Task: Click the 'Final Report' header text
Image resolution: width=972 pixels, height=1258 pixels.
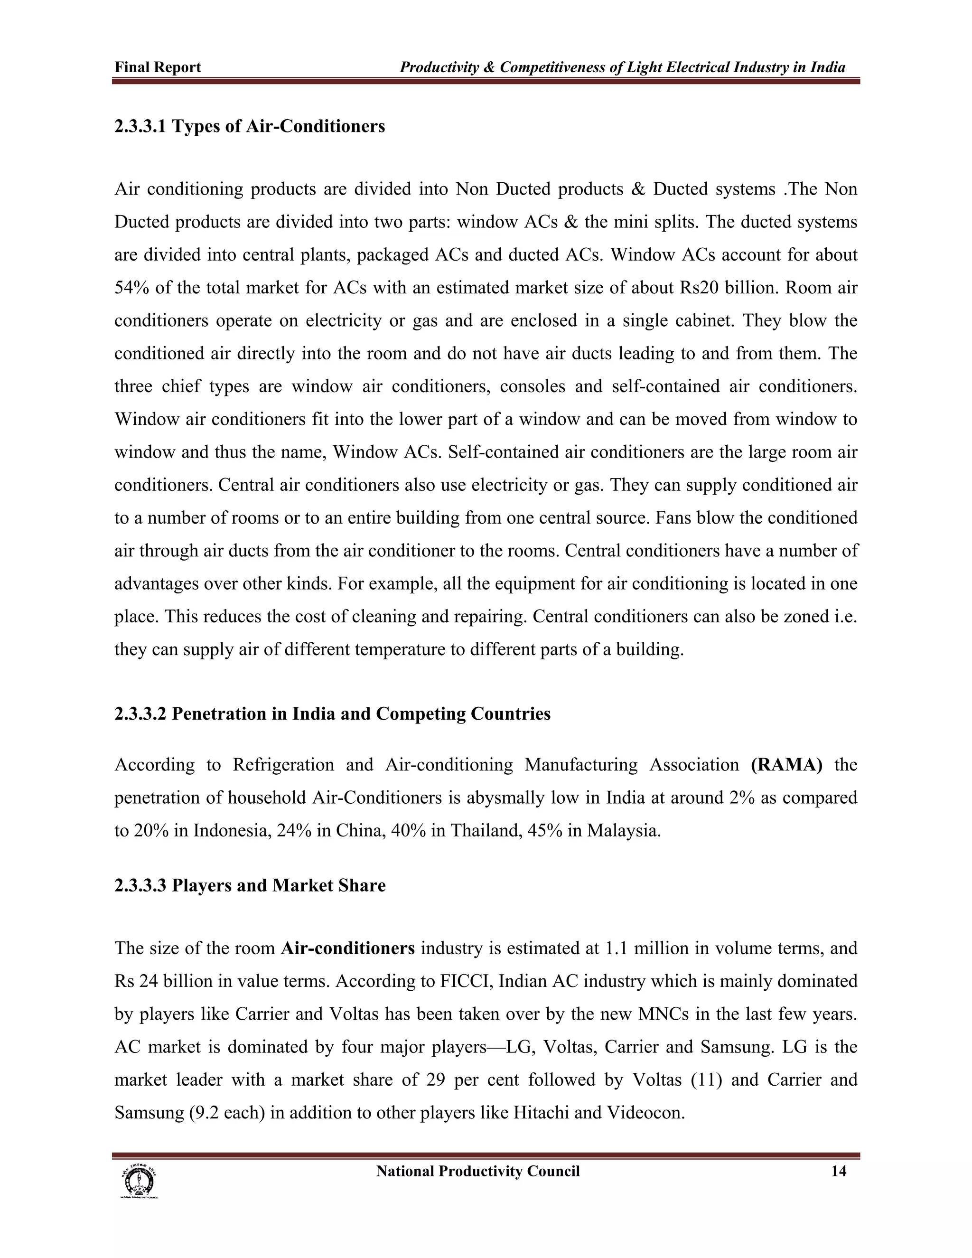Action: point(158,67)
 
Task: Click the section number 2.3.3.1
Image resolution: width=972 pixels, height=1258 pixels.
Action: point(140,126)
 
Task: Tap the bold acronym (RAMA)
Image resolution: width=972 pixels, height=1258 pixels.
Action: point(786,765)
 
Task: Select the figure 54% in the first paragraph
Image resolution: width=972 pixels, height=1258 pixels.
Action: point(131,287)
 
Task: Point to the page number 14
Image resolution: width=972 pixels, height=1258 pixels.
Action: point(839,1172)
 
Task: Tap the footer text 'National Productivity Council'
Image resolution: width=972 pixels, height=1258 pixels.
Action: point(477,1172)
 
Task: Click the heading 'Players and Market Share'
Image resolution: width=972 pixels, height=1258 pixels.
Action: point(279,885)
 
